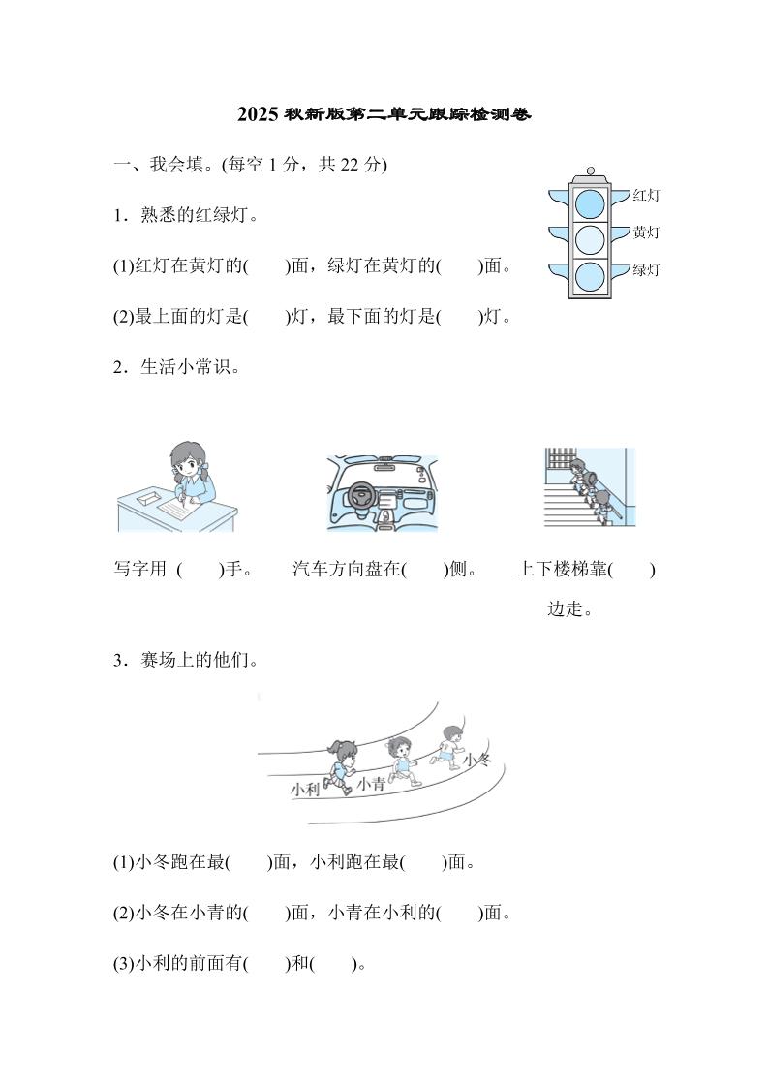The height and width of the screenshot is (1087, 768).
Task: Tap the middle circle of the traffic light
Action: point(589,239)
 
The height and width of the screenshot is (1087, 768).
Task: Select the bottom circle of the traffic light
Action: point(589,276)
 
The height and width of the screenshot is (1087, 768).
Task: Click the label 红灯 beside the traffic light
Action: point(646,196)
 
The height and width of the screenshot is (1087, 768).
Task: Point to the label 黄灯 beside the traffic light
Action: point(646,233)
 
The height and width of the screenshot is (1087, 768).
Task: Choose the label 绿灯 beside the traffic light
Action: point(646,269)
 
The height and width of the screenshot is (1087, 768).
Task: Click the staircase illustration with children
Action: point(589,487)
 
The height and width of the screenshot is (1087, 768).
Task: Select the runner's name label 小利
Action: point(304,791)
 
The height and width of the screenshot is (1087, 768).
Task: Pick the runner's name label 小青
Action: point(370,785)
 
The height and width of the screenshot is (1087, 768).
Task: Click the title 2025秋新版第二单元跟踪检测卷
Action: point(384,115)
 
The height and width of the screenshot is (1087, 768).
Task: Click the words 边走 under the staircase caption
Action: point(569,610)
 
